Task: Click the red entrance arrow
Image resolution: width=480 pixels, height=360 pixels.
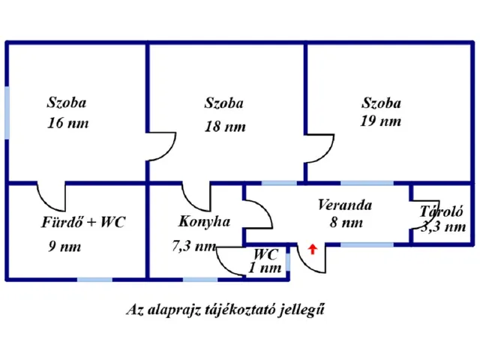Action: point(312,249)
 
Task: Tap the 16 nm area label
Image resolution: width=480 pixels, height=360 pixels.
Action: point(68,123)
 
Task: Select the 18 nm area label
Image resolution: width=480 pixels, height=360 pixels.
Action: point(225,127)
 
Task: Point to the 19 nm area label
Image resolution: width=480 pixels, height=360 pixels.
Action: point(380,121)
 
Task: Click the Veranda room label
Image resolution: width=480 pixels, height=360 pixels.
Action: point(345,205)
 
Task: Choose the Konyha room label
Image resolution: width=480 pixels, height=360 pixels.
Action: point(204,221)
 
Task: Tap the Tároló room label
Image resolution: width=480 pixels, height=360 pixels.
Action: point(442,211)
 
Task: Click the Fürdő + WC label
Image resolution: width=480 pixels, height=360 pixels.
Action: point(83,222)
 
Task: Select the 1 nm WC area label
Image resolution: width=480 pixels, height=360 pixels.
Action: point(265,268)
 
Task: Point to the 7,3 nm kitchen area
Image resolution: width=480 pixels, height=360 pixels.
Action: point(193,246)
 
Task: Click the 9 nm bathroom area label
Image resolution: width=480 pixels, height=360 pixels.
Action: point(64,247)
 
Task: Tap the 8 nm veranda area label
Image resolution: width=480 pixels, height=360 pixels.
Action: point(346,223)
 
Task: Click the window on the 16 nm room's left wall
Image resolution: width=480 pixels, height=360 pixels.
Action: point(7,112)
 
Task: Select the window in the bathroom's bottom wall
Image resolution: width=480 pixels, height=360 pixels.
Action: point(94,280)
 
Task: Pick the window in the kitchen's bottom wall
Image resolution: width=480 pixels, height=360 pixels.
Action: point(200,280)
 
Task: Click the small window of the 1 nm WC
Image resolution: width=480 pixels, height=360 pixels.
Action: point(288,262)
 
